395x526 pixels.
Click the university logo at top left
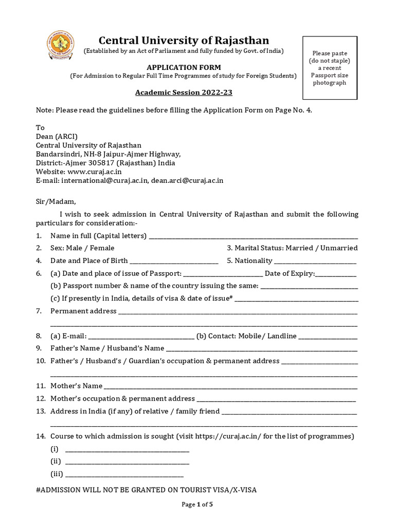pos(61,45)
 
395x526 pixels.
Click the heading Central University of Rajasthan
pos(184,40)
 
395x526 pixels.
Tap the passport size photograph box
pos(330,68)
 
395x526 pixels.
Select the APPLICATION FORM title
pos(184,67)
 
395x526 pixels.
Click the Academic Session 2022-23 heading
pos(180,93)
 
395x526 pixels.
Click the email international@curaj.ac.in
pos(104,180)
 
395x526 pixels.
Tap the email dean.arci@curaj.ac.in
pos(187,180)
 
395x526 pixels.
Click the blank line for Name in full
pos(253,237)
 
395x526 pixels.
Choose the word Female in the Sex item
pos(102,248)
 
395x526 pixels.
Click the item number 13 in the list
pos(41,411)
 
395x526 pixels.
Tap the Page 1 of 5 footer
pos(197,504)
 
